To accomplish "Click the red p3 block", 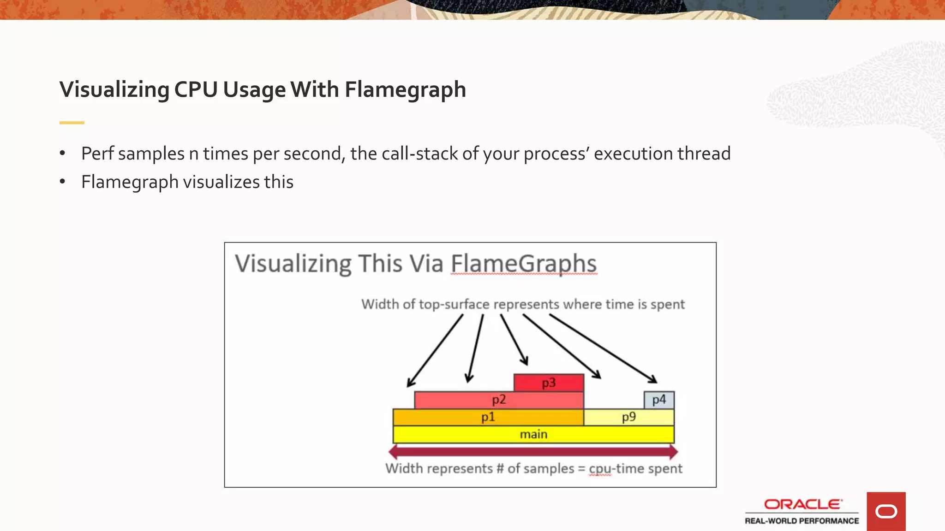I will click(x=549, y=383).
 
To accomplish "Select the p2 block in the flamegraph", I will click(x=499, y=400).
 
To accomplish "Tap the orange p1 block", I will click(x=488, y=417).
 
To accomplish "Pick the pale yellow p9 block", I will click(x=628, y=417).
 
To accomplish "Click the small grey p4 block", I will click(x=659, y=400).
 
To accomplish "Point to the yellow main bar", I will click(x=533, y=434).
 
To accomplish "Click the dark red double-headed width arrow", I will click(x=533, y=451).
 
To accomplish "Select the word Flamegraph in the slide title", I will click(x=405, y=89).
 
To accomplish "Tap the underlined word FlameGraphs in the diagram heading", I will click(x=524, y=264).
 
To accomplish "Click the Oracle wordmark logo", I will click(x=803, y=504).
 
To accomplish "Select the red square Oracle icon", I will click(x=886, y=511).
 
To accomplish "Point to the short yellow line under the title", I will click(x=72, y=123).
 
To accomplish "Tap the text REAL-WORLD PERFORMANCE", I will click(x=802, y=521).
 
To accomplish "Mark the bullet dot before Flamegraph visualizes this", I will click(x=62, y=182).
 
